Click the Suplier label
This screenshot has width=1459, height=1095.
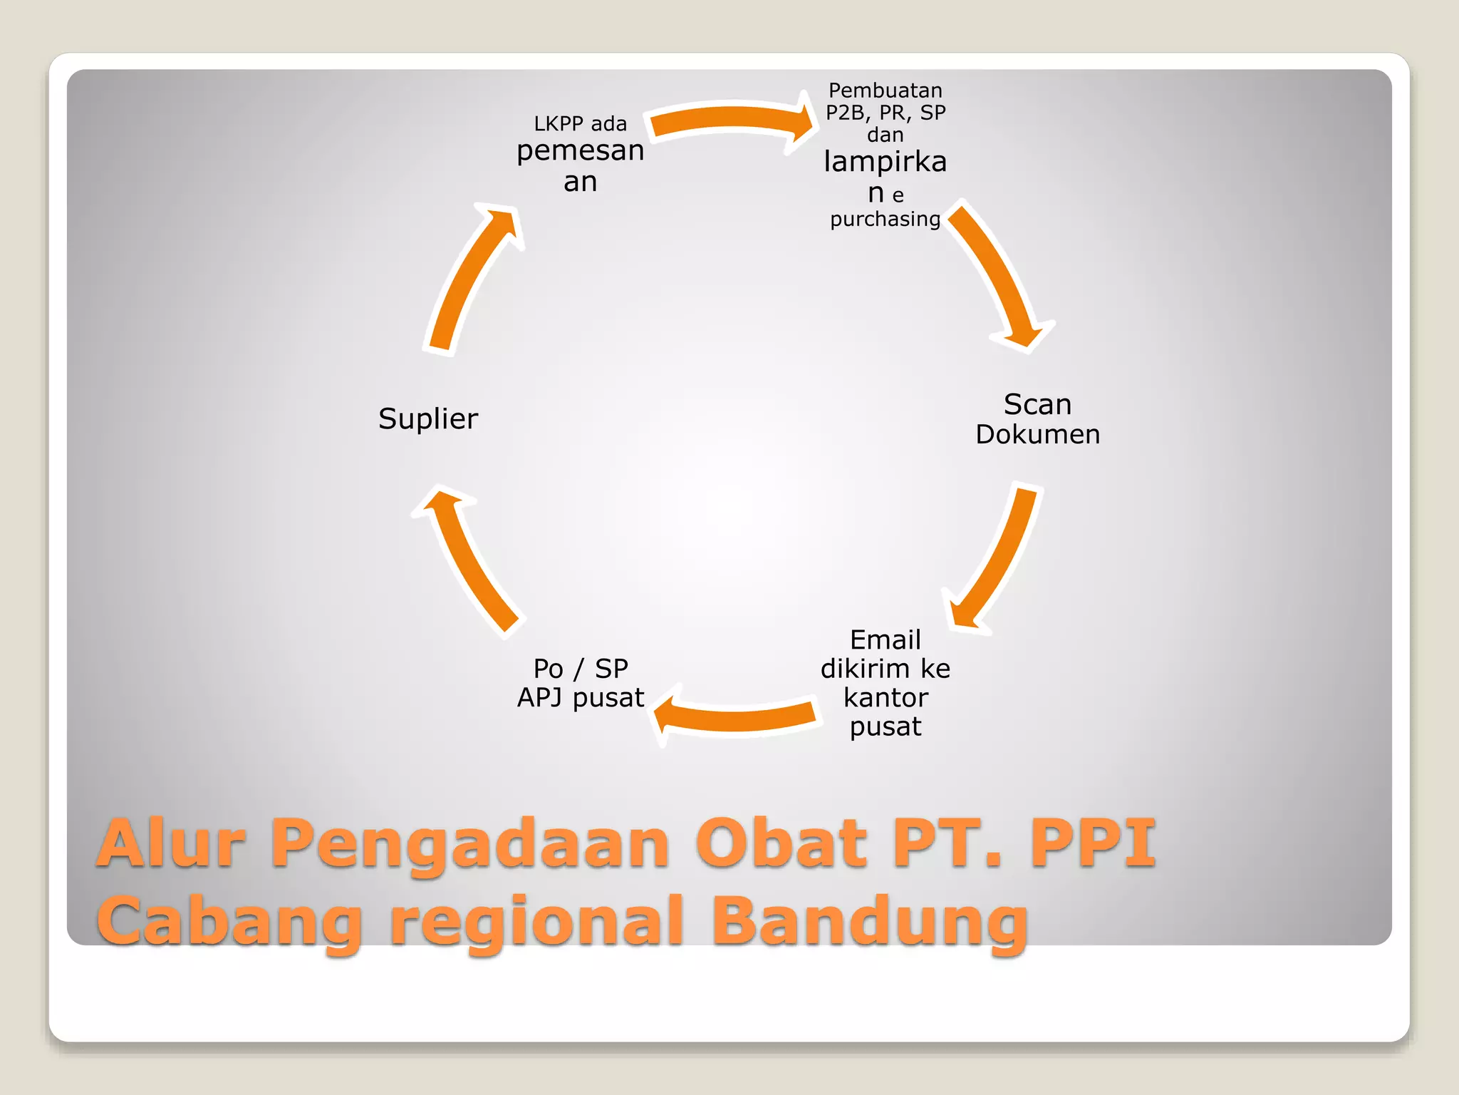(x=428, y=419)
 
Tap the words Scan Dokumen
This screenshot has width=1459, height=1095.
(x=1037, y=419)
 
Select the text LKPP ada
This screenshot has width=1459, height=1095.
(x=580, y=124)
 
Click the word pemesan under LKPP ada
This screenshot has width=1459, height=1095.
(x=580, y=151)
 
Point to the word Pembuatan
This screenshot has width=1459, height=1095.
(x=885, y=91)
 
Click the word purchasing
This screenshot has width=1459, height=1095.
(x=885, y=219)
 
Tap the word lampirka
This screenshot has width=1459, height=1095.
(x=885, y=163)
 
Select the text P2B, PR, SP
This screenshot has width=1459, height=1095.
(x=885, y=113)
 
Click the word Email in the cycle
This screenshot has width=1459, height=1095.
(x=885, y=639)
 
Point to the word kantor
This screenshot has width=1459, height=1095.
(x=885, y=697)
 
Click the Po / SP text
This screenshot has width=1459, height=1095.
(x=580, y=669)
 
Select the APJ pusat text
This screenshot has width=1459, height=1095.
(x=580, y=697)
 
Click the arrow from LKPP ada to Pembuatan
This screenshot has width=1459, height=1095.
(x=730, y=120)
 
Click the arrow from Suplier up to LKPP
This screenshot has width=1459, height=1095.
(x=470, y=278)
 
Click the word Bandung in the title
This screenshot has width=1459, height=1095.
(x=869, y=921)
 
